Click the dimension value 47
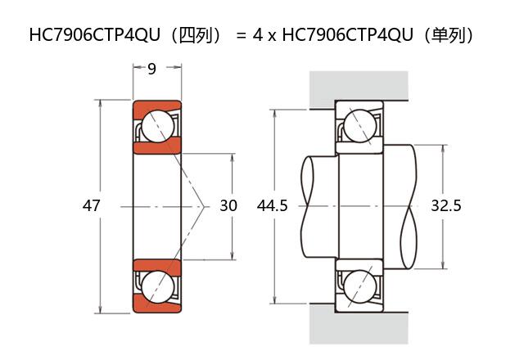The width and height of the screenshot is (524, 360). (91, 206)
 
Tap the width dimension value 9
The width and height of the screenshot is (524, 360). (152, 70)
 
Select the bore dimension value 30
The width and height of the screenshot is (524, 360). (228, 206)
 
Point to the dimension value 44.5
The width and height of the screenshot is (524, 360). (272, 206)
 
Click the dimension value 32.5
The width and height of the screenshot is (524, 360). (445, 206)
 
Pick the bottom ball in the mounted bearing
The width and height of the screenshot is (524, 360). (359, 287)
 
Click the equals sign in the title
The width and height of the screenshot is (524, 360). (240, 36)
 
